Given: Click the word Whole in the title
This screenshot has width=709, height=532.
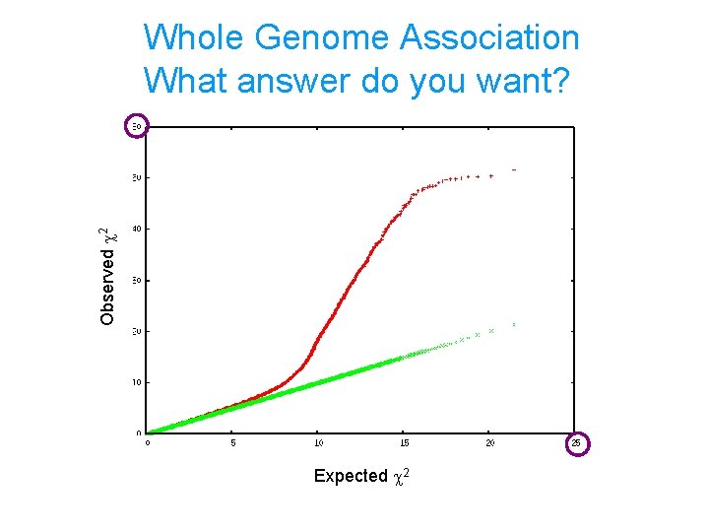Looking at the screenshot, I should pyautogui.click(x=194, y=37).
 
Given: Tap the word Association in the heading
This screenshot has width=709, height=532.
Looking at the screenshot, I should pyautogui.click(x=489, y=37).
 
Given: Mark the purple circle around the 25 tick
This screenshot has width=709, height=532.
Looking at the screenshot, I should pyautogui.click(x=578, y=444).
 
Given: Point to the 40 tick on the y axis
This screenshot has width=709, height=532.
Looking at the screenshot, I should pyautogui.click(x=139, y=229).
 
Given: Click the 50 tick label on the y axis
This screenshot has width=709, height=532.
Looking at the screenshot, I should pyautogui.click(x=139, y=178).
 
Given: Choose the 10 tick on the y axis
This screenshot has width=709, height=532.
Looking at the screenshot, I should pyautogui.click(x=139, y=381).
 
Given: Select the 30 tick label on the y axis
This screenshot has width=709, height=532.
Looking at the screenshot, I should pyautogui.click(x=139, y=280).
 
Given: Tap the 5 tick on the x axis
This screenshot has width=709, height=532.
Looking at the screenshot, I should pyautogui.click(x=232, y=443).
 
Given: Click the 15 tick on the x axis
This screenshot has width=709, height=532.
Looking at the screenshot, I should pyautogui.click(x=404, y=443).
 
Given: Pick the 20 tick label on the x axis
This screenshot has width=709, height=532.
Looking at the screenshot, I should pyautogui.click(x=489, y=443).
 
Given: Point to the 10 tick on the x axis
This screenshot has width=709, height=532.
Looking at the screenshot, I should pyautogui.click(x=318, y=443).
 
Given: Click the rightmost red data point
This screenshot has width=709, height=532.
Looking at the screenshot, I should pyautogui.click(x=514, y=170).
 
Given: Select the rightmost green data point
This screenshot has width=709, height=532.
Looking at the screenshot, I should pyautogui.click(x=514, y=324).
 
